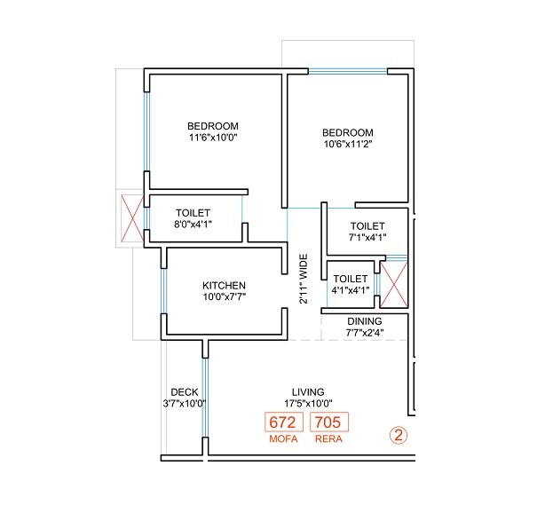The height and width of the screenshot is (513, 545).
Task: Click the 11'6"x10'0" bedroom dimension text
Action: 213,138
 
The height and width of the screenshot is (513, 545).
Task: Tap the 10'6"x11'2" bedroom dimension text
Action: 347,145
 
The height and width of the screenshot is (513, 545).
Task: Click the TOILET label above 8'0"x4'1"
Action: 193,213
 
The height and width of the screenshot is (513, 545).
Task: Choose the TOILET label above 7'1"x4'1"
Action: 367,226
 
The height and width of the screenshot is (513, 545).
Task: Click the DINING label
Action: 364,321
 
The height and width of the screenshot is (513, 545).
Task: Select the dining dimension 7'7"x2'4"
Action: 364,333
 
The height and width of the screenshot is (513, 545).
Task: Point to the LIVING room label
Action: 308,391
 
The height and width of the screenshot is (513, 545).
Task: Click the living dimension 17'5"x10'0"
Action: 308,404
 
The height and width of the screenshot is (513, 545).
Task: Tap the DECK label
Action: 184,391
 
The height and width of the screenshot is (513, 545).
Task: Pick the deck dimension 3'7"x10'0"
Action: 184,404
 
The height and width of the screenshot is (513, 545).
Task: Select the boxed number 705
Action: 329,422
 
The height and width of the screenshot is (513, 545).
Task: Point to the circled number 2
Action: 399,436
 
